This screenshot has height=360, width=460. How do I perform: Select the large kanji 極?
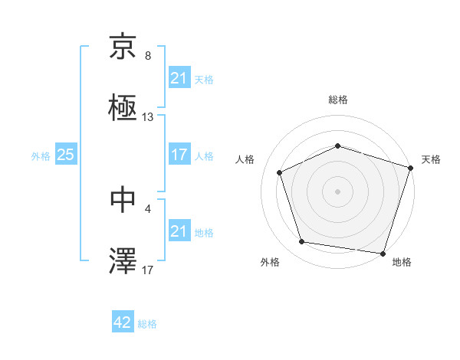click(123, 109)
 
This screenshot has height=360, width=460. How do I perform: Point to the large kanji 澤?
click(123, 261)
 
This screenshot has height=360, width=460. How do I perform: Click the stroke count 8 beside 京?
click(148, 56)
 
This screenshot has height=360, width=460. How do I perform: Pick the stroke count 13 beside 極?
click(148, 117)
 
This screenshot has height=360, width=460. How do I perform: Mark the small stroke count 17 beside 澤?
click(148, 270)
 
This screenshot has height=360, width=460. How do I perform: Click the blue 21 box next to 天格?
click(179, 78)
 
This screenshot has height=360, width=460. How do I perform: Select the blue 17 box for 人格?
click(179, 155)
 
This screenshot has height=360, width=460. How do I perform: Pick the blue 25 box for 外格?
click(65, 155)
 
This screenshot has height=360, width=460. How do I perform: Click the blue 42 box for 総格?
click(123, 323)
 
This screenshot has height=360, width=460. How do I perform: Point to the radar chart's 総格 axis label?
click(338, 100)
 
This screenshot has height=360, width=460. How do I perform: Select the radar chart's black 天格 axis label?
click(431, 159)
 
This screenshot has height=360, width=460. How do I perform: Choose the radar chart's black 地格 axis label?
click(402, 262)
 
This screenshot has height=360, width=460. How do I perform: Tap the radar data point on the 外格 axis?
click(302, 242)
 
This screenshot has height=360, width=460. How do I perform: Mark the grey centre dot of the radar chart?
click(338, 191)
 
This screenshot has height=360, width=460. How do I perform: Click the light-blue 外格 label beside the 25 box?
click(41, 155)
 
